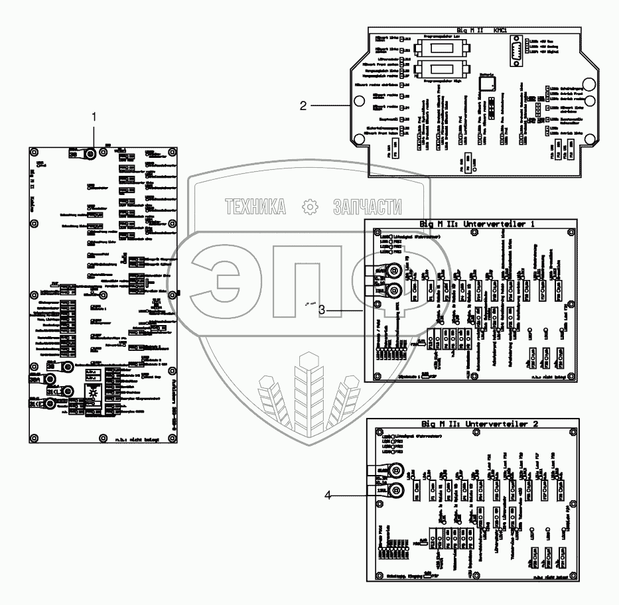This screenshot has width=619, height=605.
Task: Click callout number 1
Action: (x=94, y=116)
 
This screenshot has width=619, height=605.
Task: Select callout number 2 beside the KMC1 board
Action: (x=303, y=105)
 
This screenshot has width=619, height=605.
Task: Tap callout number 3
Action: (x=321, y=310)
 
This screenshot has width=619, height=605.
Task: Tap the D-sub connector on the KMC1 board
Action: (x=517, y=51)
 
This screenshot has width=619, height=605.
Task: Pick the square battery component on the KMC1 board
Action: (x=489, y=83)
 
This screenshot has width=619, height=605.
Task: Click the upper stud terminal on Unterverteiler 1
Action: (x=393, y=271)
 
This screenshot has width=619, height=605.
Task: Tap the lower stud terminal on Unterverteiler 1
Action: (x=393, y=290)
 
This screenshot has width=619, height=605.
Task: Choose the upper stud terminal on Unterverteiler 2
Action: (x=393, y=471)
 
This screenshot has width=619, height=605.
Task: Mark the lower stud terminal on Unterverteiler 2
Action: (x=393, y=491)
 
